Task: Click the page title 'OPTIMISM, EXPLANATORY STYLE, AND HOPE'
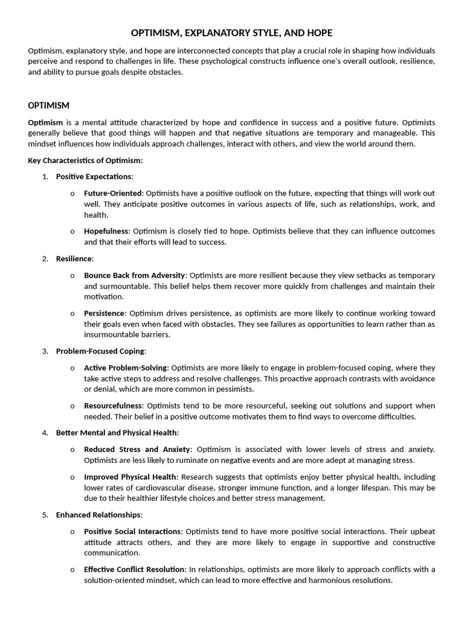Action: click(x=232, y=33)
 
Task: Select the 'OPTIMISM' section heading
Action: click(x=49, y=106)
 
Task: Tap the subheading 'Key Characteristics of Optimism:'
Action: click(x=85, y=161)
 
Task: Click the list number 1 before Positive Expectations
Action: click(x=45, y=176)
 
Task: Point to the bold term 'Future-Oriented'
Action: click(x=112, y=193)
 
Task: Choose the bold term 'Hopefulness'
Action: click(x=106, y=231)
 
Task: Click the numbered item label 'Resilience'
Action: click(x=74, y=258)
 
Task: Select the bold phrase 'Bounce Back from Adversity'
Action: click(x=135, y=275)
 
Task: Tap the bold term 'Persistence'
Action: click(x=105, y=313)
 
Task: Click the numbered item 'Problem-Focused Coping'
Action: click(x=100, y=351)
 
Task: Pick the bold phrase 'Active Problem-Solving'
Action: click(x=126, y=368)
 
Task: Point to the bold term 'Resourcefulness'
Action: click(x=113, y=406)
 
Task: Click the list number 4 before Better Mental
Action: click(x=45, y=433)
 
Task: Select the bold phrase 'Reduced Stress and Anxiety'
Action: click(x=137, y=449)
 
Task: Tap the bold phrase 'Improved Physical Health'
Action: click(x=130, y=477)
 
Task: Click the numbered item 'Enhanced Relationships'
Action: click(x=98, y=515)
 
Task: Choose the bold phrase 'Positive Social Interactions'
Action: click(x=132, y=531)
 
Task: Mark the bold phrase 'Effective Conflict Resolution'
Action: click(x=135, y=569)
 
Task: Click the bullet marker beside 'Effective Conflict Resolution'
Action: click(x=72, y=570)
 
